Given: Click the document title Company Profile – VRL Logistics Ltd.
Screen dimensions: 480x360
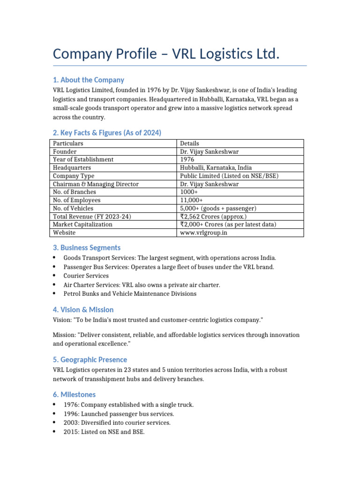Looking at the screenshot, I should (x=166, y=54).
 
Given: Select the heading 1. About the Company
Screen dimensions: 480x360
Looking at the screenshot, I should (x=88, y=80).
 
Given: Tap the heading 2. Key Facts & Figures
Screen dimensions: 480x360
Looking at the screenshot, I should (x=107, y=133).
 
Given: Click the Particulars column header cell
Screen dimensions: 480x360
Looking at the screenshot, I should (x=68, y=143).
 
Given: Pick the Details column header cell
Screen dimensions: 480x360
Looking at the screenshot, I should (x=189, y=143).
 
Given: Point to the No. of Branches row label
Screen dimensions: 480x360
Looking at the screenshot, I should (x=75, y=192).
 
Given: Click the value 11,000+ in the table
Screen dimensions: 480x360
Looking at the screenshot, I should (x=191, y=200).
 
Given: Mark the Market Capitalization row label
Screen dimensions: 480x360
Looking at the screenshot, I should (x=82, y=225).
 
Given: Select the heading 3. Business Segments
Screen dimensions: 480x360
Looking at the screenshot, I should (x=86, y=247).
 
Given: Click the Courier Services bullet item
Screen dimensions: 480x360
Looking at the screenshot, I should (x=86, y=276).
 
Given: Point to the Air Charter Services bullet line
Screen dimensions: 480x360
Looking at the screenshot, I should (x=142, y=285).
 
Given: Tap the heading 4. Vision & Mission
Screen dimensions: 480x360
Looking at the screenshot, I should (x=83, y=310).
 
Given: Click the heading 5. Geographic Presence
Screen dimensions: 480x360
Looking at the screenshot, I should (x=90, y=360).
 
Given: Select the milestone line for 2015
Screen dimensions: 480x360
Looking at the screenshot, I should (x=104, y=432).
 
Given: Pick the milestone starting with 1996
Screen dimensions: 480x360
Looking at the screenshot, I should (x=119, y=414).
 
